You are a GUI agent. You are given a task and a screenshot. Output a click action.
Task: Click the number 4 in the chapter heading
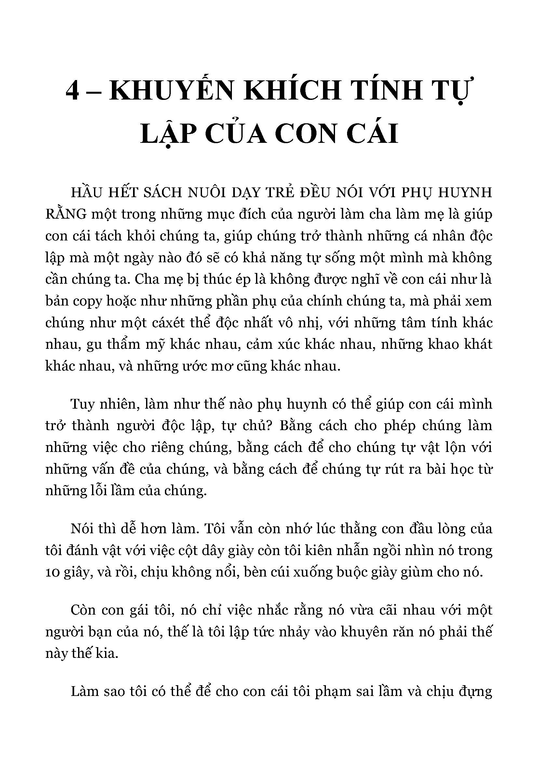[x=73, y=92]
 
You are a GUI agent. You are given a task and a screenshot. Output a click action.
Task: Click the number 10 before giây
[x=52, y=572]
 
